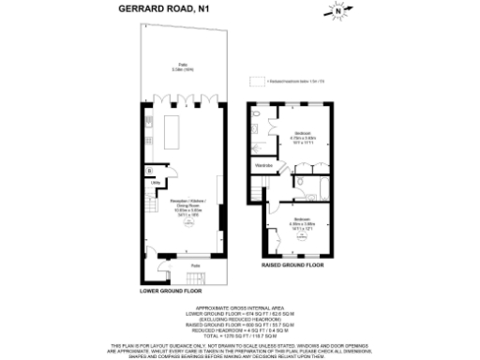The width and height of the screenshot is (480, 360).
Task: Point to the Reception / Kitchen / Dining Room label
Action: point(183,205)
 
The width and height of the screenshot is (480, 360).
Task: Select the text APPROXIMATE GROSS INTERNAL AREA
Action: point(239,306)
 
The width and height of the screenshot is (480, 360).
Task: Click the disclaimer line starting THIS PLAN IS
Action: point(239,346)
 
